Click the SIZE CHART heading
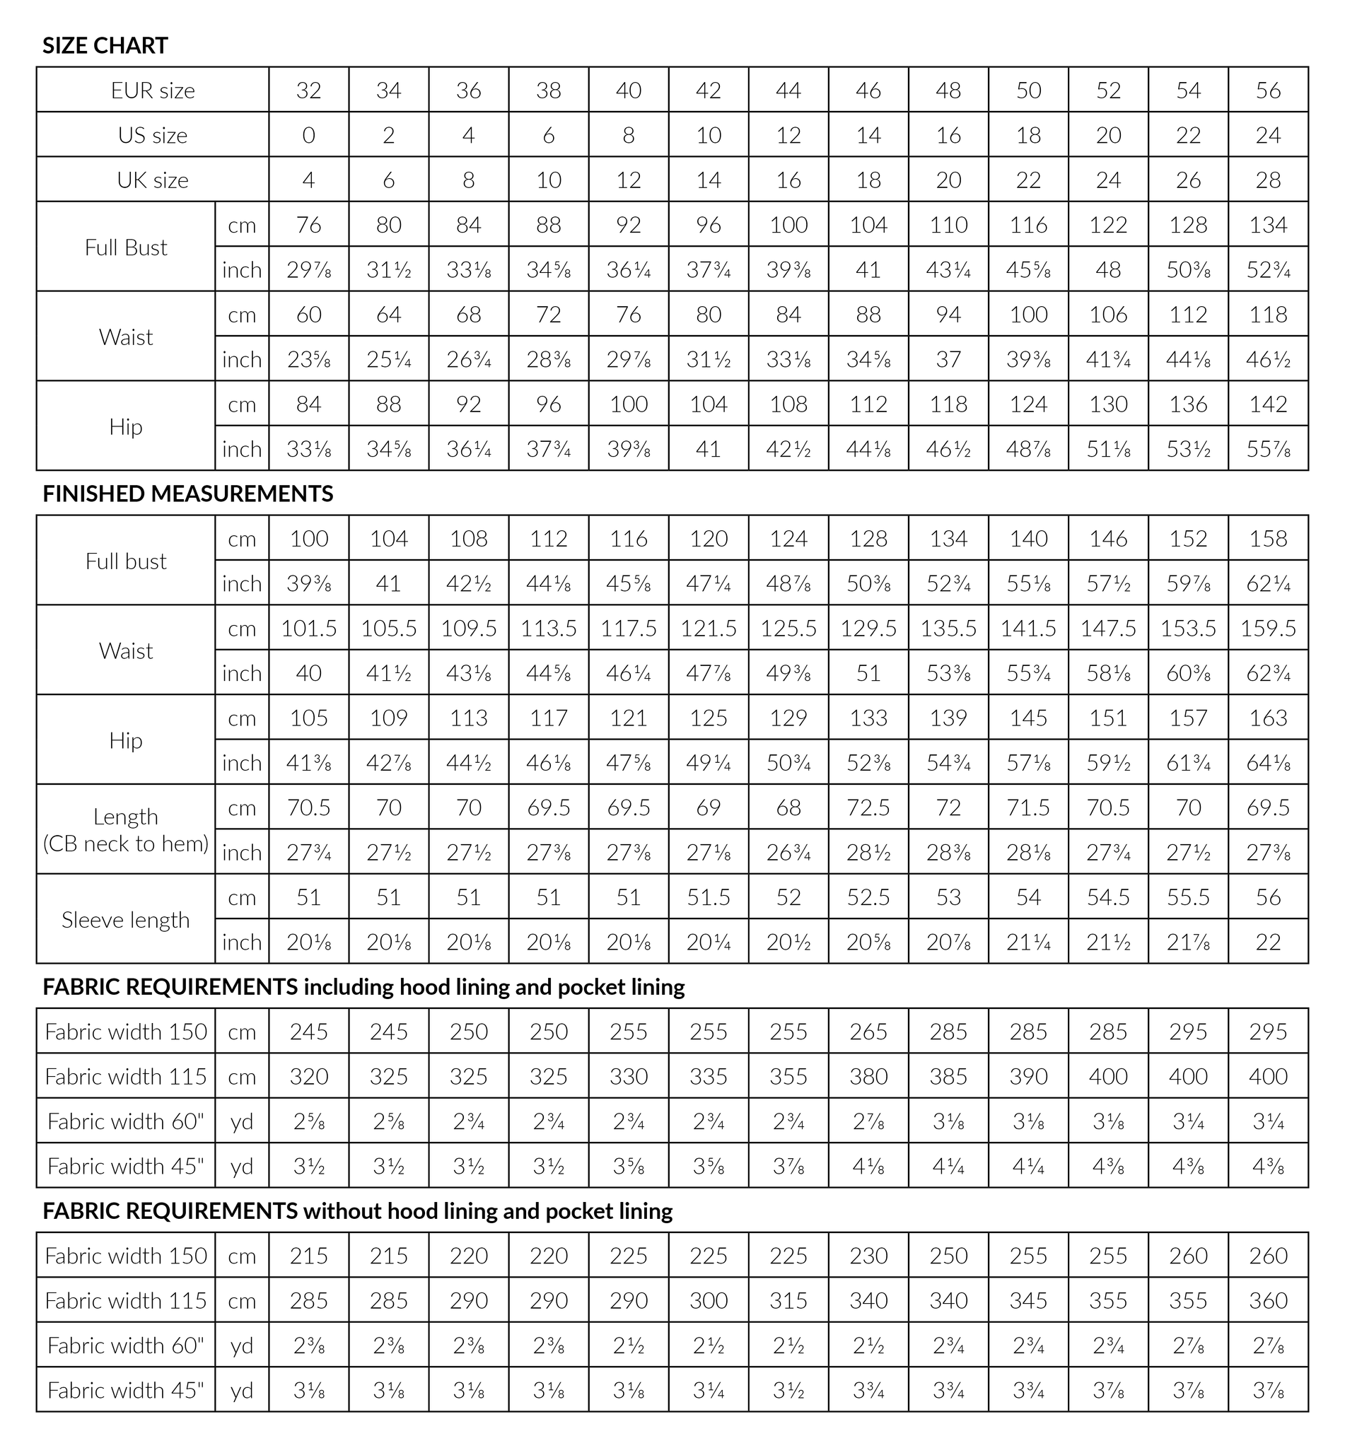105,45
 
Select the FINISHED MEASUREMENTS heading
188,494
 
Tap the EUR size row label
153,90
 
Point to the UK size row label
153,180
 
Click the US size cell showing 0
308,135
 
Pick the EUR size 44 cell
788,90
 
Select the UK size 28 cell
1268,180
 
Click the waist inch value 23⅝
308,359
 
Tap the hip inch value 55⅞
1268,449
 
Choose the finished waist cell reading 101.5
308,628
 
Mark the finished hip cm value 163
1268,718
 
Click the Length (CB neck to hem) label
126,829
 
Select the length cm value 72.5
868,807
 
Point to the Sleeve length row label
126,920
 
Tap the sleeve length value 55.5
1188,897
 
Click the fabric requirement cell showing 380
868,1076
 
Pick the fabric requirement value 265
868,1032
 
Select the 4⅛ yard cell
868,1167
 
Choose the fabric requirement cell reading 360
1268,1300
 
